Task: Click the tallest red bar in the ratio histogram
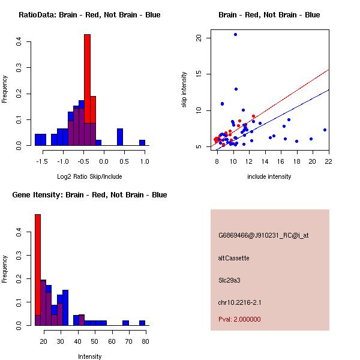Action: pyautogui.click(x=87, y=72)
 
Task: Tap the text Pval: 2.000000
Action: pyautogui.click(x=239, y=319)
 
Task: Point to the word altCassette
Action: pyautogui.click(x=233, y=258)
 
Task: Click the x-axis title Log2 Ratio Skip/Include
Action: pyautogui.click(x=89, y=176)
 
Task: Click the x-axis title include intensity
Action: pyautogui.click(x=269, y=176)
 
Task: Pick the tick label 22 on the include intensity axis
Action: pyautogui.click(x=328, y=161)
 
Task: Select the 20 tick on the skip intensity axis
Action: pyautogui.click(x=199, y=38)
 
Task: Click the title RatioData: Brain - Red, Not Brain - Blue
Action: pyautogui.click(x=89, y=15)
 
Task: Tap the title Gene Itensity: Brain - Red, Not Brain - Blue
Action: pyautogui.click(x=89, y=195)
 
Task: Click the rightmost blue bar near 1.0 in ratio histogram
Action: pyautogui.click(x=142, y=143)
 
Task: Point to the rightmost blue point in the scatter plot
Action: pyautogui.click(x=325, y=130)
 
